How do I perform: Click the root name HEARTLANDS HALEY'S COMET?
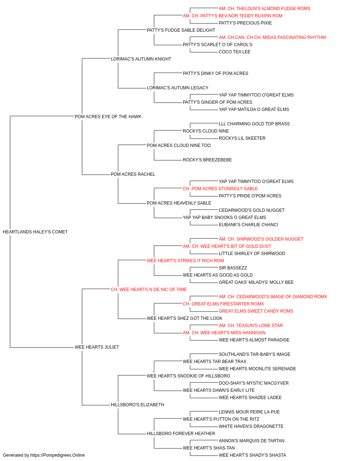click(x=35, y=232)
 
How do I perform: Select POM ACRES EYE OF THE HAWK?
click(x=108, y=116)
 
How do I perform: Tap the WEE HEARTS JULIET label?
click(x=97, y=347)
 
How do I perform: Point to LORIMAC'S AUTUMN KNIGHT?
click(x=141, y=59)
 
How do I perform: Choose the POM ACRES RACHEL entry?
click(x=133, y=174)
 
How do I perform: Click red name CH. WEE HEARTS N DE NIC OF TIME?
click(x=149, y=289)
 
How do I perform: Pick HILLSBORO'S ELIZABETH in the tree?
click(x=138, y=404)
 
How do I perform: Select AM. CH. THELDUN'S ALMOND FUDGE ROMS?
click(x=264, y=9)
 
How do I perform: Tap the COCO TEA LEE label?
click(x=234, y=52)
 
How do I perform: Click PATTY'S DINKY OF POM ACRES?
click(x=215, y=73)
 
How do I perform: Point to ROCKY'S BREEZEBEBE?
click(x=207, y=160)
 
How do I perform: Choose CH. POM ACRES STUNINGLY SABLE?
click(x=220, y=189)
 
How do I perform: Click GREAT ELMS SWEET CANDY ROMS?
click(x=256, y=311)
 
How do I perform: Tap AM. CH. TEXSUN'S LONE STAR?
click(x=251, y=326)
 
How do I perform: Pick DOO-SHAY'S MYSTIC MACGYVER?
click(x=254, y=383)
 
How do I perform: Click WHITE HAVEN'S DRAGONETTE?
click(x=251, y=426)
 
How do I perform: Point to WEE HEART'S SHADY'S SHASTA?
click(x=252, y=455)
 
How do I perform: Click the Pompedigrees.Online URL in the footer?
click(x=58, y=455)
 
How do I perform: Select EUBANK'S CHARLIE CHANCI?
click(x=248, y=225)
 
